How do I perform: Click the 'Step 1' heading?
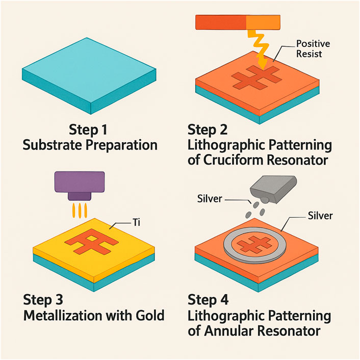point(90,129)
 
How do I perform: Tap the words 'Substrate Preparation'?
point(90,145)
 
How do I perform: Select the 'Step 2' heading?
point(209,129)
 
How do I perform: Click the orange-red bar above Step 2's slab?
point(221,21)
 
